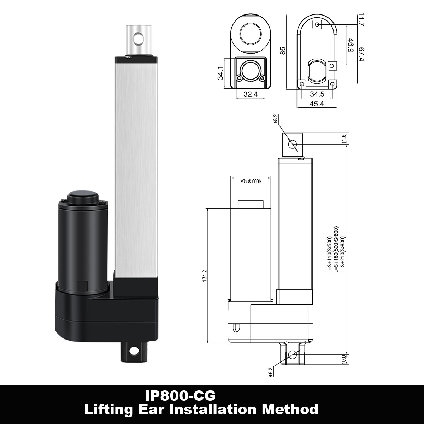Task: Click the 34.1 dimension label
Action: point(221,73)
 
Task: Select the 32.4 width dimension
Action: point(251,94)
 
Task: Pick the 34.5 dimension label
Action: point(317,94)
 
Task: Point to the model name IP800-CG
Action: point(180,395)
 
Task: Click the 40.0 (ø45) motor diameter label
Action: point(251,181)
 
